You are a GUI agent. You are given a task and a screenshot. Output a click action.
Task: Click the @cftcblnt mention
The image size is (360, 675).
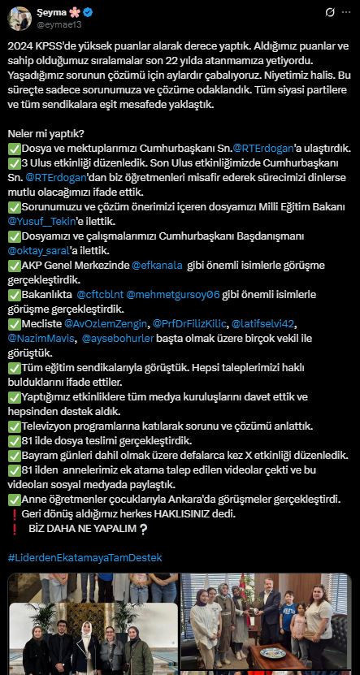pos(101,294)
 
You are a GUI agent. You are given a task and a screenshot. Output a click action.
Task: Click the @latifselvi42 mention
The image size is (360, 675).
pos(265,324)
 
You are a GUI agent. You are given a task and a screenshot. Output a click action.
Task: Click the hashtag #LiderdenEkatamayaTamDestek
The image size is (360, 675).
pos(85,558)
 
